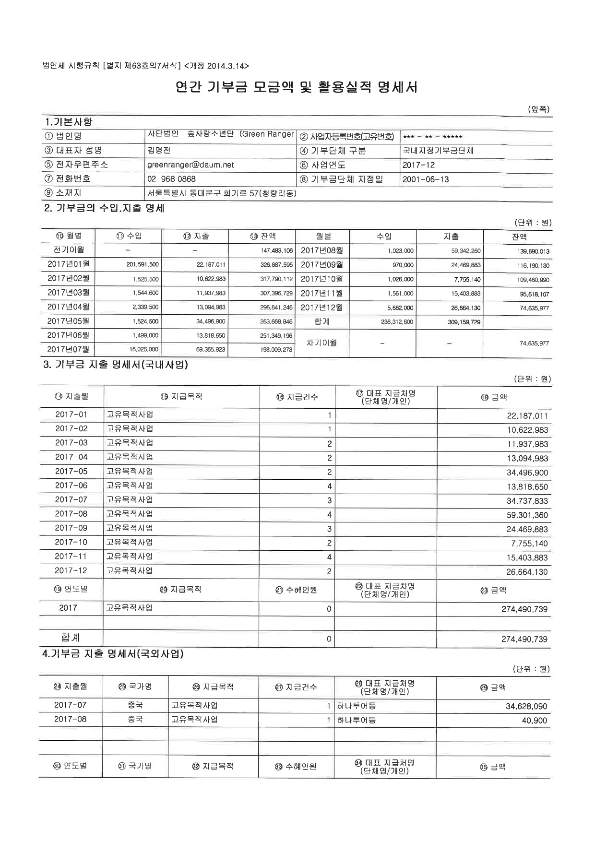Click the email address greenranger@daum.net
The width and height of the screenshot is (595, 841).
click(190, 165)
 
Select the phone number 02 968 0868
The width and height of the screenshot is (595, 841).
click(171, 179)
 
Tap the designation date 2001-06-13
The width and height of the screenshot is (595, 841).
click(426, 179)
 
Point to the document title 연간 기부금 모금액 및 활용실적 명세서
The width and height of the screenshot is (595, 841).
click(296, 87)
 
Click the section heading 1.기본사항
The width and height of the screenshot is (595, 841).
click(68, 122)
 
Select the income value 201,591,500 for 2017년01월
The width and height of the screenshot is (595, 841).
click(143, 265)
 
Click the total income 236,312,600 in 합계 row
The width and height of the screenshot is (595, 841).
click(397, 322)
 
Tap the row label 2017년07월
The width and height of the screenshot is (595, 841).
click(68, 349)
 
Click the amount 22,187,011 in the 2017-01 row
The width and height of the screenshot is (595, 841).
click(527, 416)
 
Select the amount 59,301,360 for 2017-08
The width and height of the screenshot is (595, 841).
click(527, 515)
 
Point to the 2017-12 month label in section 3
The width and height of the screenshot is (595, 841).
click(71, 571)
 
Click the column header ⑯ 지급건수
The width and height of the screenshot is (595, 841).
click(297, 397)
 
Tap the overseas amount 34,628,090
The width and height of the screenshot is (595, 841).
click(526, 706)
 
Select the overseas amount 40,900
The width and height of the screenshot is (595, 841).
click(534, 721)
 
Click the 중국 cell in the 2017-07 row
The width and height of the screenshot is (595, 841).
click(135, 706)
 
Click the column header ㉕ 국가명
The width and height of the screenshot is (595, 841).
click(135, 687)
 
